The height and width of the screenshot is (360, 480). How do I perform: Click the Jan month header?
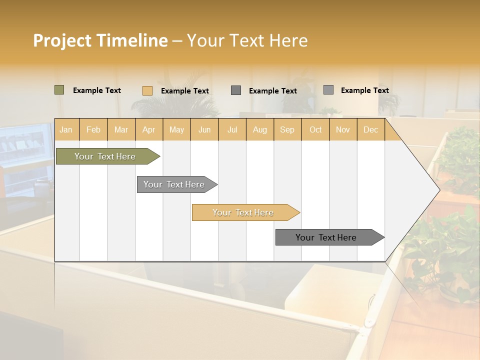point(66,129)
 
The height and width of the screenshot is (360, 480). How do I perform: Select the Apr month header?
point(149,129)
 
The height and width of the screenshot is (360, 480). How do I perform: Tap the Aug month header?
point(259,129)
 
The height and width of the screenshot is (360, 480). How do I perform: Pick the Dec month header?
point(370,129)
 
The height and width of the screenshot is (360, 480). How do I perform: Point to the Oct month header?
point(315,129)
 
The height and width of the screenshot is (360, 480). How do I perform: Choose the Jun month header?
point(204,129)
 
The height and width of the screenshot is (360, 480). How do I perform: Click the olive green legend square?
point(59,90)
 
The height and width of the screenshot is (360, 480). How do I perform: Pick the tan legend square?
point(147,90)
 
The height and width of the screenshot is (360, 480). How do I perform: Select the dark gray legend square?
point(236,90)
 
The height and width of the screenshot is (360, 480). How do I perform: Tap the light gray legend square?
point(328,90)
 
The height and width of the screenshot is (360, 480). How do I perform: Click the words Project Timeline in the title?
point(100,40)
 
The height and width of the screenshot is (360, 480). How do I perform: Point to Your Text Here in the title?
point(247,40)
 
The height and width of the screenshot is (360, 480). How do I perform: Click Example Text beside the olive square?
point(97,90)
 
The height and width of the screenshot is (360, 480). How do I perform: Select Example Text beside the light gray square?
point(364,90)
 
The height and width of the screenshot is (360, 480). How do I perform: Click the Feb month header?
point(93,129)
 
